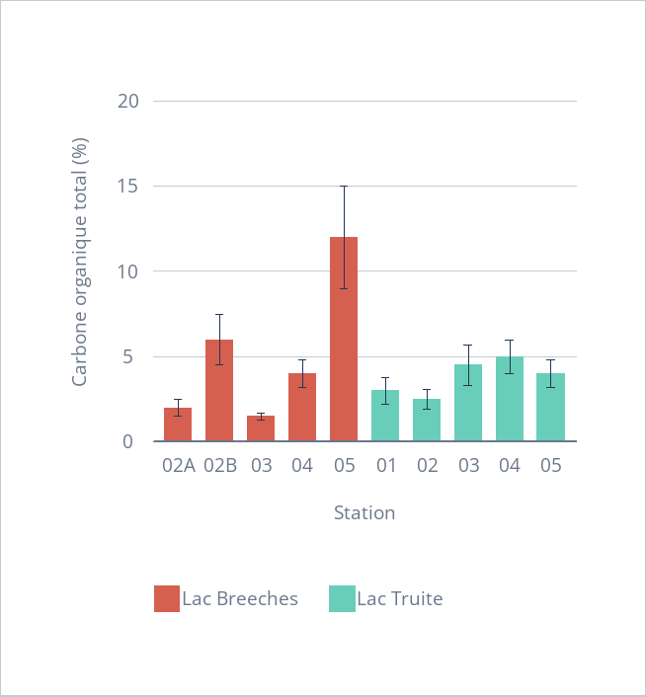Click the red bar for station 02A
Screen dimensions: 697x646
pyautogui.click(x=178, y=426)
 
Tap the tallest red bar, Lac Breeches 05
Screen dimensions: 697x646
pyautogui.click(x=344, y=340)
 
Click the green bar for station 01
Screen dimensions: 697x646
pyautogui.click(x=385, y=417)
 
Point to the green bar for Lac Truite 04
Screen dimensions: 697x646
pyautogui.click(x=510, y=400)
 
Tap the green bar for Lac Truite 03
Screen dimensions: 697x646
pyautogui.click(x=468, y=404)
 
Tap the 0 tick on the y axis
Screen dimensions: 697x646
pyautogui.click(x=130, y=442)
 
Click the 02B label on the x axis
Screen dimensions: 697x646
pyautogui.click(x=219, y=466)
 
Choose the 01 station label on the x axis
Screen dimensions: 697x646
pyautogui.click(x=385, y=466)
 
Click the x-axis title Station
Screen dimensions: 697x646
pyautogui.click(x=364, y=513)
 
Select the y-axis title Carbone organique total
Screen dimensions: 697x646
pyautogui.click(x=80, y=265)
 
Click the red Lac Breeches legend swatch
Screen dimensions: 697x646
pyautogui.click(x=167, y=598)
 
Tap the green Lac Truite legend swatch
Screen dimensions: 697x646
pyautogui.click(x=342, y=598)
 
